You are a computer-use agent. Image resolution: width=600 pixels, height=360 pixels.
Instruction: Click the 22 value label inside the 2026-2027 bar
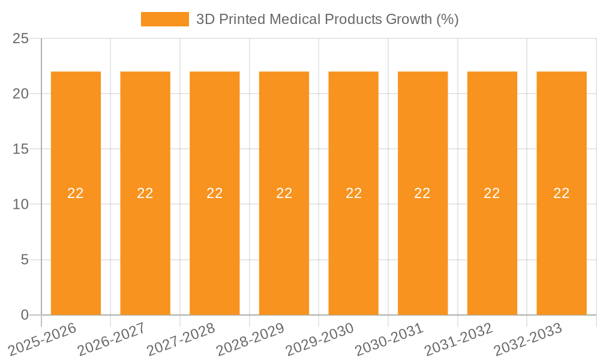tap(145, 193)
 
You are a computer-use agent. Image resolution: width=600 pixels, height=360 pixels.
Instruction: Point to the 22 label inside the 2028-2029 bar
tap(284, 193)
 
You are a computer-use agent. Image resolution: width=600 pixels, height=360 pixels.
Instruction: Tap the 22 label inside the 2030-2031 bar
tap(422, 193)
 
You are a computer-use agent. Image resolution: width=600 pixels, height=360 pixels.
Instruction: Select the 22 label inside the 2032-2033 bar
tap(562, 193)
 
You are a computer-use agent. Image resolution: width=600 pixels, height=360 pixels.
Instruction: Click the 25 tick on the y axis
tap(21, 39)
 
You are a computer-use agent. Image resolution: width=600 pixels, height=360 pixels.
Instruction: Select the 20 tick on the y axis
tap(21, 94)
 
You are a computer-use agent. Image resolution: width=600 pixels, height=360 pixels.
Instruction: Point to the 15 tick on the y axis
tap(21, 149)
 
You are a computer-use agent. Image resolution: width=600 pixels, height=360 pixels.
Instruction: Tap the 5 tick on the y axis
tap(25, 260)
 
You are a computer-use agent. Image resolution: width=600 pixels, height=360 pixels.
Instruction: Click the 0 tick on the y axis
tap(25, 315)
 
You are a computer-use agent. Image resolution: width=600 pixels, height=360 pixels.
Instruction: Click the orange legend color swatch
tap(165, 19)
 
